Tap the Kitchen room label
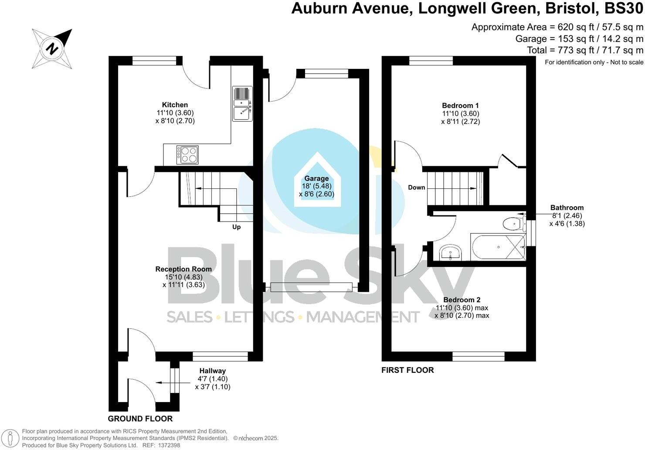pyautogui.click(x=175, y=105)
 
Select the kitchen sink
pyautogui.click(x=242, y=104)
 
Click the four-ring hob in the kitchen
pyautogui.click(x=187, y=155)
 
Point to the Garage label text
pyautogui.click(x=316, y=178)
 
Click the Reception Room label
pyautogui.click(x=183, y=269)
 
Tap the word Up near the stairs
pyautogui.click(x=236, y=227)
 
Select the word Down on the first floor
pyautogui.click(x=416, y=187)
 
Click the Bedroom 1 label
pyautogui.click(x=460, y=106)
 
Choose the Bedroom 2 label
pyautogui.click(x=462, y=300)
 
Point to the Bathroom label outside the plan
pyautogui.click(x=567, y=208)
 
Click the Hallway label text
pyautogui.click(x=213, y=371)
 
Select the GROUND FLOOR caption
pyautogui.click(x=140, y=419)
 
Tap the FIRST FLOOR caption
pyautogui.click(x=407, y=370)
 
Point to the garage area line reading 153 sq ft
pyautogui.click(x=579, y=39)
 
